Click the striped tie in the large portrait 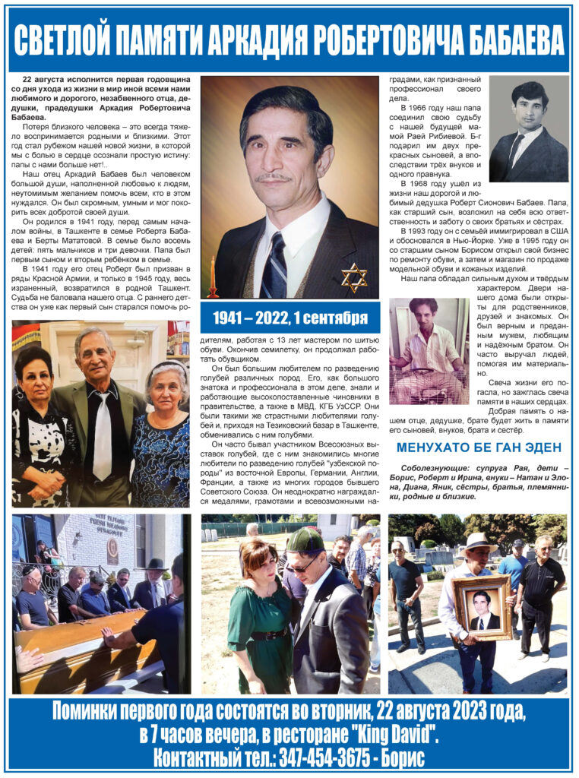pos(274,266)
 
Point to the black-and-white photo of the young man pos(528,129)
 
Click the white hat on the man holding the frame pos(480,541)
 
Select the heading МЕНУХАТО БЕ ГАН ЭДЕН pos(479,448)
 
